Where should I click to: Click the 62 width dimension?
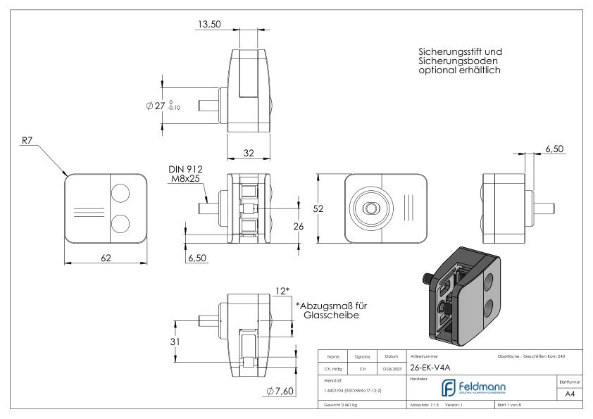click(x=106, y=258)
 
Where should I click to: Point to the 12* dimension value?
click(x=282, y=291)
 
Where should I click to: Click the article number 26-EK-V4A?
click(x=432, y=366)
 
